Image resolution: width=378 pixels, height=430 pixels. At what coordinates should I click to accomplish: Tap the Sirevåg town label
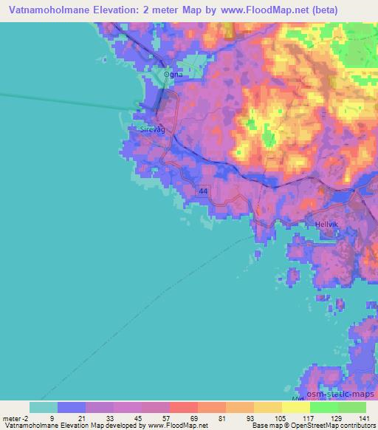[x=154, y=129]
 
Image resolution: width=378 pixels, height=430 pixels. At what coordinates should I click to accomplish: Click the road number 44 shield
[x=202, y=191]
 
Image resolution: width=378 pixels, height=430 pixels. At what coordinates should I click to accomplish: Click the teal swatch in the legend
[x=44, y=407]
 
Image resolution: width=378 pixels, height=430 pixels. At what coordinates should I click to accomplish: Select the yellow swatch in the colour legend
[x=295, y=407]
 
